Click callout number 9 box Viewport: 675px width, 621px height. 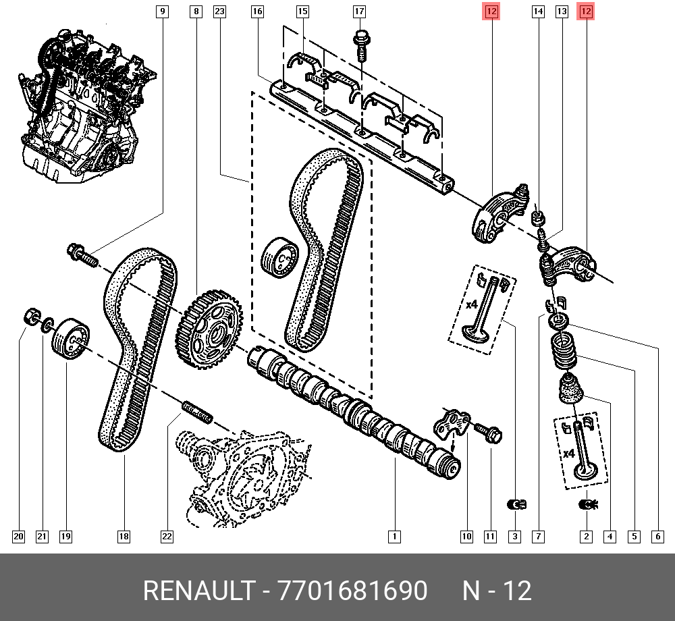(163, 11)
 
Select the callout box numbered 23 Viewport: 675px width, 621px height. (219, 11)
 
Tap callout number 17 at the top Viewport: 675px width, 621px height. (359, 11)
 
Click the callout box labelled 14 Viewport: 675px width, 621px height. (538, 11)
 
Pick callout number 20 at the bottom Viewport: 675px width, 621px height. (18, 537)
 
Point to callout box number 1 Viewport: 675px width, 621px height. (394, 537)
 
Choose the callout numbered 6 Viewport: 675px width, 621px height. (657, 537)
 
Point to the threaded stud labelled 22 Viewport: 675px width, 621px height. (197, 412)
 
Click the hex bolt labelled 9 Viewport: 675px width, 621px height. (81, 255)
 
